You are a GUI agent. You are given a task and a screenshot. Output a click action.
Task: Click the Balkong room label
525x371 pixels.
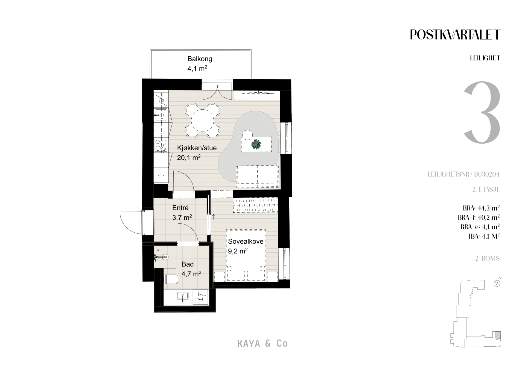200,59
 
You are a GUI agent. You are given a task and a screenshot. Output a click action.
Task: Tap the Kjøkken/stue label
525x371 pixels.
197,148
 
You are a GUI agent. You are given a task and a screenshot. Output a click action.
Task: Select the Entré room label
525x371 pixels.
180,208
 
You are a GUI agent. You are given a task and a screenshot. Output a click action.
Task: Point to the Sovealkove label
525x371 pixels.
246,241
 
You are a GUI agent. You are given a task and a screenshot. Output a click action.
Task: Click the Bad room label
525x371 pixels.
188,264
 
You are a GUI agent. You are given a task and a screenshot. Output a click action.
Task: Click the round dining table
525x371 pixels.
203,120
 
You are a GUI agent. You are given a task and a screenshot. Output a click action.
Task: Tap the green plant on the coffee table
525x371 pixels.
256,144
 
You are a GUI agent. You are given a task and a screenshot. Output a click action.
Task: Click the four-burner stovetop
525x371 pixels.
161,145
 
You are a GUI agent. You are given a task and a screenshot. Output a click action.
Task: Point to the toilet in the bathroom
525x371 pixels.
171,279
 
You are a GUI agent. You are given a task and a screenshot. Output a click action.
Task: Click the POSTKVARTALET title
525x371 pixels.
455,35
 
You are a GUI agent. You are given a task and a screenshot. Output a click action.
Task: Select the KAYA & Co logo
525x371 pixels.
262,343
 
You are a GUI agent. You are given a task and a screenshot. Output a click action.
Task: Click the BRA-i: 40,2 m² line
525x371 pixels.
479,217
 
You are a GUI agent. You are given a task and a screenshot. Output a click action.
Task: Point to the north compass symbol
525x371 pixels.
497,283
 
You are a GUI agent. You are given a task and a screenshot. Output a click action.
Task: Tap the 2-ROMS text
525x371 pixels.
488,258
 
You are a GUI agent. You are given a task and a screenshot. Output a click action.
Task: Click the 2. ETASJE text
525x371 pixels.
486,189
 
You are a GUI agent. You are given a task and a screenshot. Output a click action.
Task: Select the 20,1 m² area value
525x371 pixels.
189,157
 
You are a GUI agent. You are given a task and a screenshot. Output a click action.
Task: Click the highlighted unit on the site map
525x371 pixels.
498,335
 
